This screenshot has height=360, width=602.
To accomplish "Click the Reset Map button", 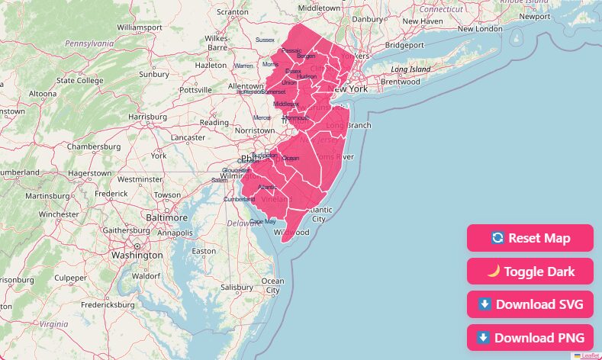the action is [530, 238].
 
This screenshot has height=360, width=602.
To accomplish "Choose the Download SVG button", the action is [530, 304].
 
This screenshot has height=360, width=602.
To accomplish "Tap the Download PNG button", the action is [530, 337].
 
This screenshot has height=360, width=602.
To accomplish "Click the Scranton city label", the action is [232, 12].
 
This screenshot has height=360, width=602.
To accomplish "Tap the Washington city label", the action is [137, 256].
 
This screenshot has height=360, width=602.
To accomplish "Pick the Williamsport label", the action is [140, 27].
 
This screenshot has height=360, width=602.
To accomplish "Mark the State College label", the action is [79, 80].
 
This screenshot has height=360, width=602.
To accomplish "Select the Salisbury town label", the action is [237, 288].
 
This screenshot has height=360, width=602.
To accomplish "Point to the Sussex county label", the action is [265, 40].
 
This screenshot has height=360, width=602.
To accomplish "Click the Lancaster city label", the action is [188, 137].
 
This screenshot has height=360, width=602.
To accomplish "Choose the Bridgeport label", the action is [404, 45].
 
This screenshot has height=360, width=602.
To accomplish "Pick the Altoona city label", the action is [42, 94].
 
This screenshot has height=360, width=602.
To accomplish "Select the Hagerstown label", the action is [89, 173].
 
